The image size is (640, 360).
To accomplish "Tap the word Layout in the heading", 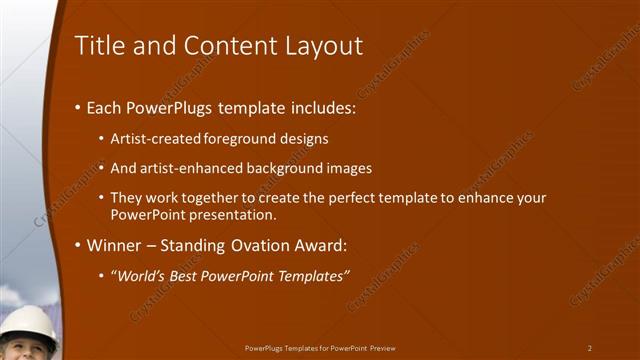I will point(319,46).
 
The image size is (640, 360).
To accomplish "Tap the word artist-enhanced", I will point(189,168).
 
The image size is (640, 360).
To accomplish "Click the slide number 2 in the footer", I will point(590,348).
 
